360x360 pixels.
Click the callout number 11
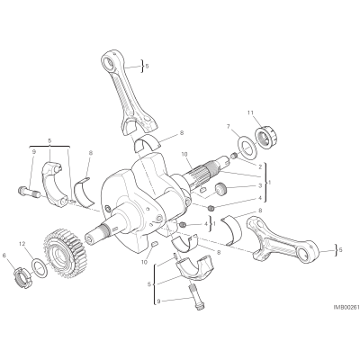[x=250, y=113]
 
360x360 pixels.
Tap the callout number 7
[x=229, y=127]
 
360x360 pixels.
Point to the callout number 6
[x=4, y=256]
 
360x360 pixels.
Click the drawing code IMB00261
[x=346, y=308]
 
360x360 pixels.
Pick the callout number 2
[x=260, y=166]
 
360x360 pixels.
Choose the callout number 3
[x=260, y=186]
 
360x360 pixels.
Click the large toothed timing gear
[x=66, y=252]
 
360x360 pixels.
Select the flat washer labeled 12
[x=40, y=268]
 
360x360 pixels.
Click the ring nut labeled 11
[x=266, y=139]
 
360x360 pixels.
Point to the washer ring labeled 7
[x=247, y=148]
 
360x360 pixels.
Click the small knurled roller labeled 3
[x=220, y=190]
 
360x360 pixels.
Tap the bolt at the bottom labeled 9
[x=196, y=298]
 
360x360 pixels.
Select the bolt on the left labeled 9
[x=28, y=192]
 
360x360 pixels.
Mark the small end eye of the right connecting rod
[x=310, y=252]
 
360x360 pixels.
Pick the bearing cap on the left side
[x=53, y=185]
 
